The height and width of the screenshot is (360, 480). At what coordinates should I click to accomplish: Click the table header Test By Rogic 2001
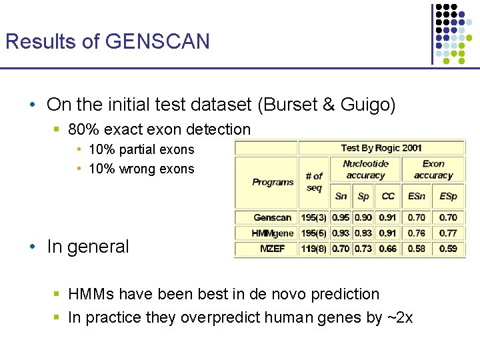tap(381, 147)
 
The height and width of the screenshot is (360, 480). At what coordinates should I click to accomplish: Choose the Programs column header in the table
tap(273, 182)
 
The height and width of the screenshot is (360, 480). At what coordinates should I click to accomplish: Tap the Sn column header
tap(341, 196)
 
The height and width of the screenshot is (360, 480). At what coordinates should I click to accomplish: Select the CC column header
tap(388, 196)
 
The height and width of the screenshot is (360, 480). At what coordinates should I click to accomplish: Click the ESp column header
tap(448, 196)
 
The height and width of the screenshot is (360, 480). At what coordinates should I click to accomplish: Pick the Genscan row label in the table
tap(273, 217)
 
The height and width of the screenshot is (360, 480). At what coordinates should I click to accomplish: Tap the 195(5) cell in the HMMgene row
tap(314, 233)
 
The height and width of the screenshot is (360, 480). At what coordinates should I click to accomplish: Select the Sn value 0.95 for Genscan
tap(341, 217)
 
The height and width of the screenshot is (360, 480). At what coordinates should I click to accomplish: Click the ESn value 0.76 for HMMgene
tap(417, 233)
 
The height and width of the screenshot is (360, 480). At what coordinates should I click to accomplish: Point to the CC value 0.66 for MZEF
tap(388, 249)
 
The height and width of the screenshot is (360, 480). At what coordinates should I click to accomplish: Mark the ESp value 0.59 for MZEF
tap(448, 249)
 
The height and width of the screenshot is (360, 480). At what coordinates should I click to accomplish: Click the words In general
tap(88, 247)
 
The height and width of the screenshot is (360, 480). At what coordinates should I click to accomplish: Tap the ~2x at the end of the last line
tap(400, 317)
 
